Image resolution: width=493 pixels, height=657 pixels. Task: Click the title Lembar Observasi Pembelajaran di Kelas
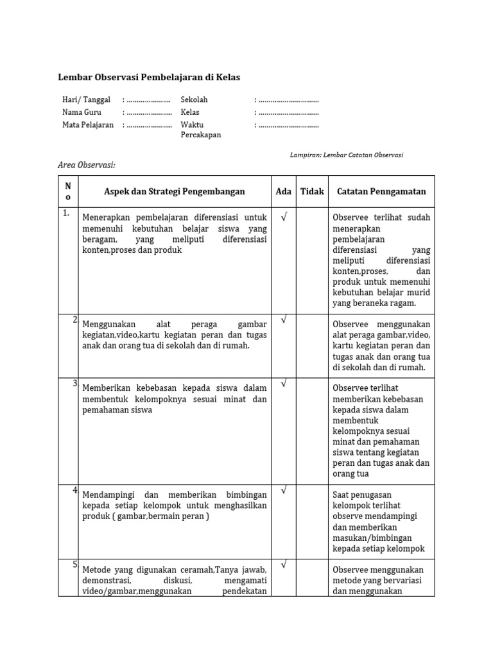pos(149,78)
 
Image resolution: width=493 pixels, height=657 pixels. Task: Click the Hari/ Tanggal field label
pos(86,100)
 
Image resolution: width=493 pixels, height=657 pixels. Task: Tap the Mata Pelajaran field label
pos(88,124)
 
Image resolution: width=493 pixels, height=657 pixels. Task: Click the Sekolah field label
pos(194,100)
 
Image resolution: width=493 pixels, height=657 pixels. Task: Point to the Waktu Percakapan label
pos(200,130)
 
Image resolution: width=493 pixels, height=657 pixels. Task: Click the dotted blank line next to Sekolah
pos(288,101)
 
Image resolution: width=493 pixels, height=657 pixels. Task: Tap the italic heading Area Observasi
pos(87,166)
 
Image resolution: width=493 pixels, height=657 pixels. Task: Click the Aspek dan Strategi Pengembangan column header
pos(175,191)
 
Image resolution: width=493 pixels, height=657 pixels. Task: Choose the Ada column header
pos(283,191)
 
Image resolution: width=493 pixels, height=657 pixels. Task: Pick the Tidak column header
pos(312,191)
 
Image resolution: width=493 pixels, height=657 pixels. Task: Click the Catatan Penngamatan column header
pos(381,191)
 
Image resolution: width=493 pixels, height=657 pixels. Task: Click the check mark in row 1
pos(283,217)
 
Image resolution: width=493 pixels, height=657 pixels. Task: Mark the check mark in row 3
pos(283,384)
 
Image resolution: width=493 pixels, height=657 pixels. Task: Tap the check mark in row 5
pos(283,565)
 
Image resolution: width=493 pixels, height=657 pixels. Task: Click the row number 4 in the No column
pos(74,491)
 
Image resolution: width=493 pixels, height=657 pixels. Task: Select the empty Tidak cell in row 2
pos(312,345)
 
